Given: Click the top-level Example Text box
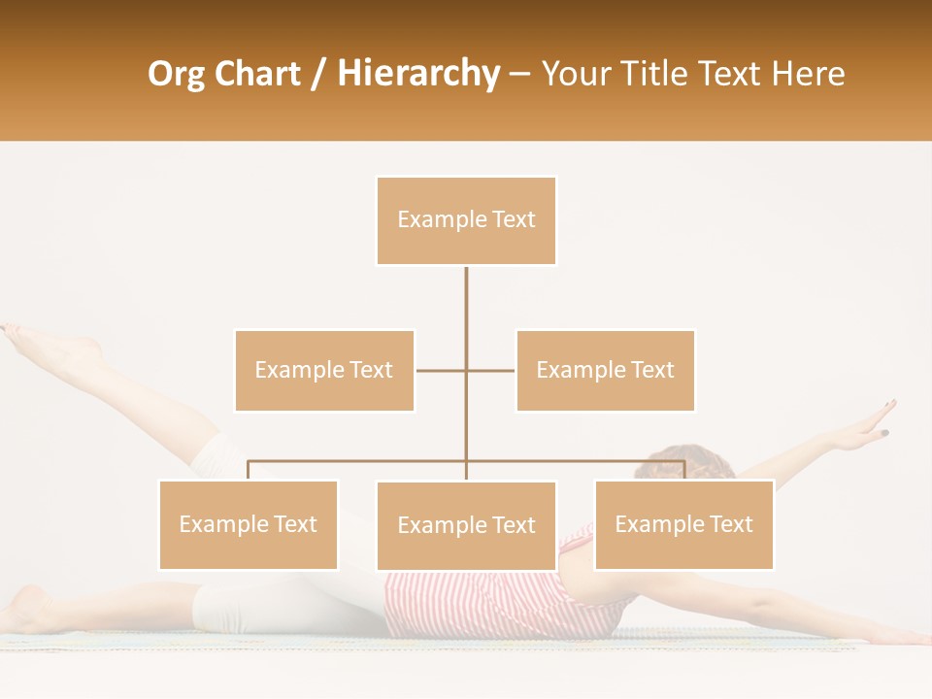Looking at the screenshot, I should [x=466, y=220].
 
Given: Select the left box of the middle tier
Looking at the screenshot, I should [x=324, y=370].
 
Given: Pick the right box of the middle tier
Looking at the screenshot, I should [x=605, y=370].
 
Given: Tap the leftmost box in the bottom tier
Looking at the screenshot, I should [x=249, y=524].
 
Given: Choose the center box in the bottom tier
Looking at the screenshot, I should [x=466, y=525].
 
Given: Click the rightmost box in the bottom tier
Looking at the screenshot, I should [x=683, y=524].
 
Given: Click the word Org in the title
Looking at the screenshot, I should [x=175, y=74].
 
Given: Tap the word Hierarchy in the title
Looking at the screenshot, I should [x=418, y=74].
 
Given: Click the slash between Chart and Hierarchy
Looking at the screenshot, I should [x=318, y=74].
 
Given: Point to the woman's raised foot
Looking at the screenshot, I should [x=49, y=344].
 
